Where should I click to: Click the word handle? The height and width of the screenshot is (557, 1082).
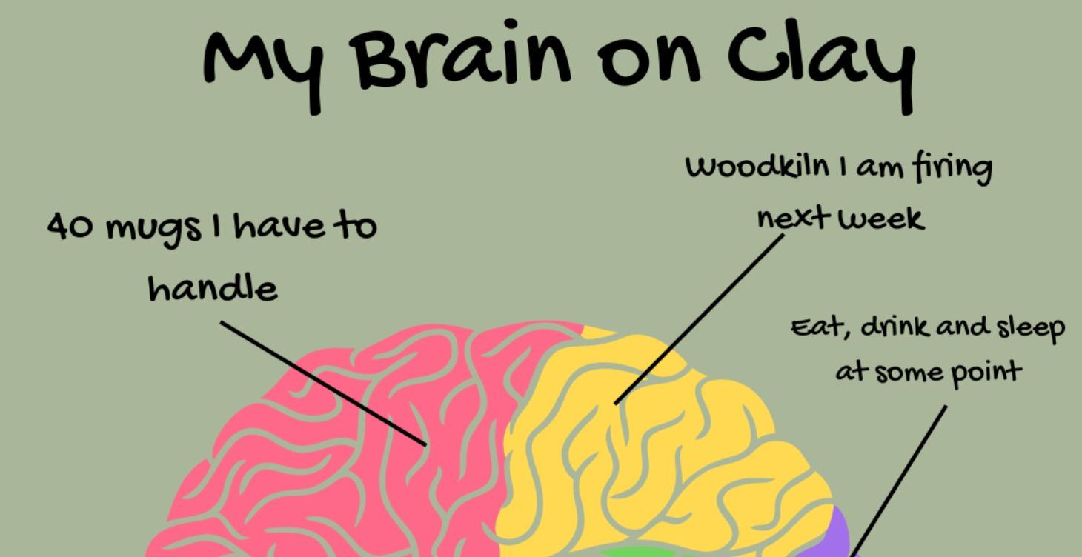tap(213, 287)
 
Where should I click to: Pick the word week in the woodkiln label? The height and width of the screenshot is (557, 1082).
tap(886, 219)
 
